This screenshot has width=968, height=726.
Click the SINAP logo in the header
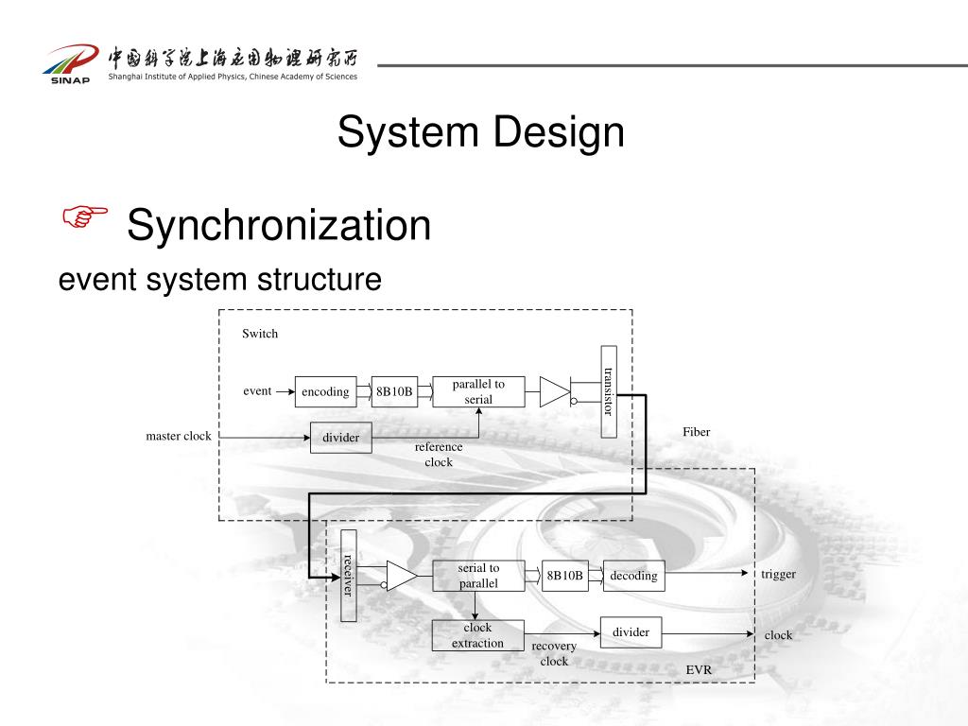pos(69,63)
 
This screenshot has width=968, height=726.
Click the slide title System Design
pos(481,131)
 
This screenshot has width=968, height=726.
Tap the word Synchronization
pos(279,225)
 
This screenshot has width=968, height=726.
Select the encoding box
pos(326,391)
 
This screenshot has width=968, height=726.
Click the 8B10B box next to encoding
pos(394,391)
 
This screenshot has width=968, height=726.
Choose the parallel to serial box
pos(478,391)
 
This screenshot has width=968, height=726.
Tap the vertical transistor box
pos(609,391)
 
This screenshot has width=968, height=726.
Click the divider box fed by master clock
pos(341,438)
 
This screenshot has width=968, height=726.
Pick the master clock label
pos(179,436)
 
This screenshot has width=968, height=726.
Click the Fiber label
pos(696,432)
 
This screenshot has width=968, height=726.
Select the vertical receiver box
pos(349,575)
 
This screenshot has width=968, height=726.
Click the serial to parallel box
pos(478,576)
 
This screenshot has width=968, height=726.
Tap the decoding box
pos(633,576)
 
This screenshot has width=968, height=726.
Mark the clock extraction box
pos(477,635)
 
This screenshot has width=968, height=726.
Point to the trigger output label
pos(778,574)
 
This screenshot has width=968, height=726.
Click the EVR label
pos(699,669)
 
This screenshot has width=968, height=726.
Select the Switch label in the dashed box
pos(260,334)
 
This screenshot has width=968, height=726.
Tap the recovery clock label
pos(554,653)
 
